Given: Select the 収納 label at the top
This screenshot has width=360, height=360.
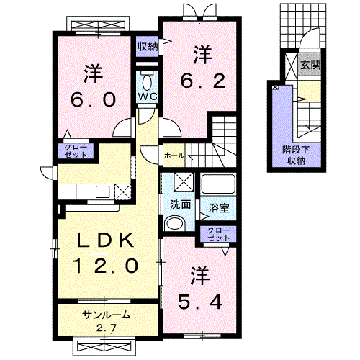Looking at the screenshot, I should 147,47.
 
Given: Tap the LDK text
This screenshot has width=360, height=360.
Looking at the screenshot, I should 104,240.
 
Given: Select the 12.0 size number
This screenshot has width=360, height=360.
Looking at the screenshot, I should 104,266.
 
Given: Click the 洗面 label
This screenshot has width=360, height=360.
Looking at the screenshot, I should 180,204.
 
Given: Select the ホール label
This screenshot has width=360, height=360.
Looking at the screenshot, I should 174,155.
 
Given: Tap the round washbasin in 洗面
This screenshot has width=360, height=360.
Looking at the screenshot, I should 174,224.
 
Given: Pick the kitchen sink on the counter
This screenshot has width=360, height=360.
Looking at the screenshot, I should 102,191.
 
